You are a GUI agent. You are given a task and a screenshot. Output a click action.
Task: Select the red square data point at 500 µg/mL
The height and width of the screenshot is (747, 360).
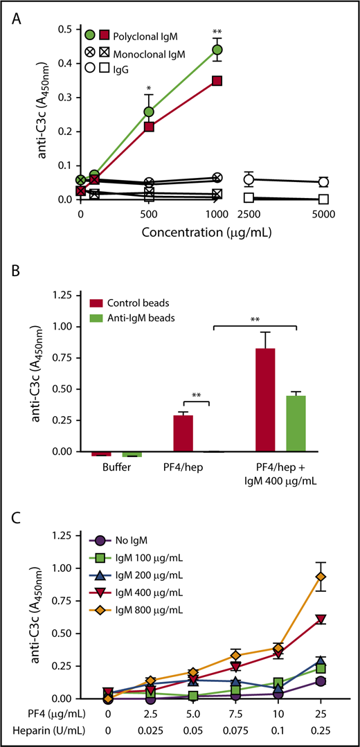pos(149,127)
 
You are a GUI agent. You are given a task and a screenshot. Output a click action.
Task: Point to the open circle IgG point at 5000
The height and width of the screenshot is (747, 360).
pos(322,182)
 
